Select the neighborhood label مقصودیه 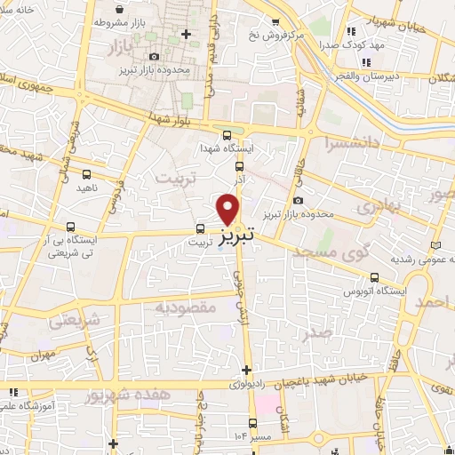click(186, 307)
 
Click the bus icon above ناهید click(86, 175)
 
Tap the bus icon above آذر click(239, 165)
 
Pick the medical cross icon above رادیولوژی click(246, 370)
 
